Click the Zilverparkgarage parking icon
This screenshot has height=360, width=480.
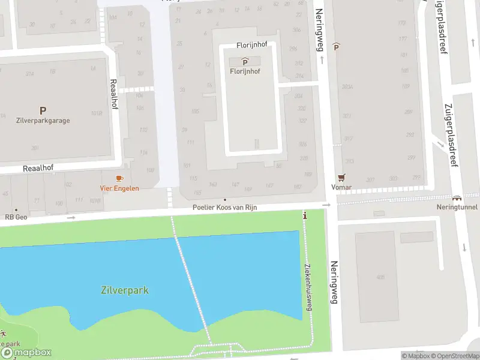[43, 110]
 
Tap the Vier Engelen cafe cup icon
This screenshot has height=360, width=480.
[119, 178]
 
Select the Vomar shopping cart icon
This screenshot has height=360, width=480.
[341, 178]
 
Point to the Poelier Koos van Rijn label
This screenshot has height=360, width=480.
[224, 208]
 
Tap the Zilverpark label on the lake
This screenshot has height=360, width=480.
[124, 291]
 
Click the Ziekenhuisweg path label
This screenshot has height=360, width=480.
[308, 287]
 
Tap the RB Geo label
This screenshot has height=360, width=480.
[16, 217]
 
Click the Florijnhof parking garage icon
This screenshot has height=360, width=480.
[245, 62]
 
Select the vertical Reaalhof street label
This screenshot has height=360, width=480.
[112, 94]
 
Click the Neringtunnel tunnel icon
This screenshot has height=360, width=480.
[457, 198]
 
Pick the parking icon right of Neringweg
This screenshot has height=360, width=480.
[337, 46]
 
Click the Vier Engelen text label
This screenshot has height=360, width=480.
[119, 188]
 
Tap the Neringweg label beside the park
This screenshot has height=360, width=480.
[334, 282]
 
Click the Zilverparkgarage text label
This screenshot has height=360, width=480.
[43, 121]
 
